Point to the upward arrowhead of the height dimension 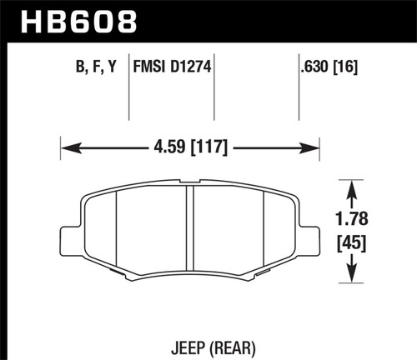355,184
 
